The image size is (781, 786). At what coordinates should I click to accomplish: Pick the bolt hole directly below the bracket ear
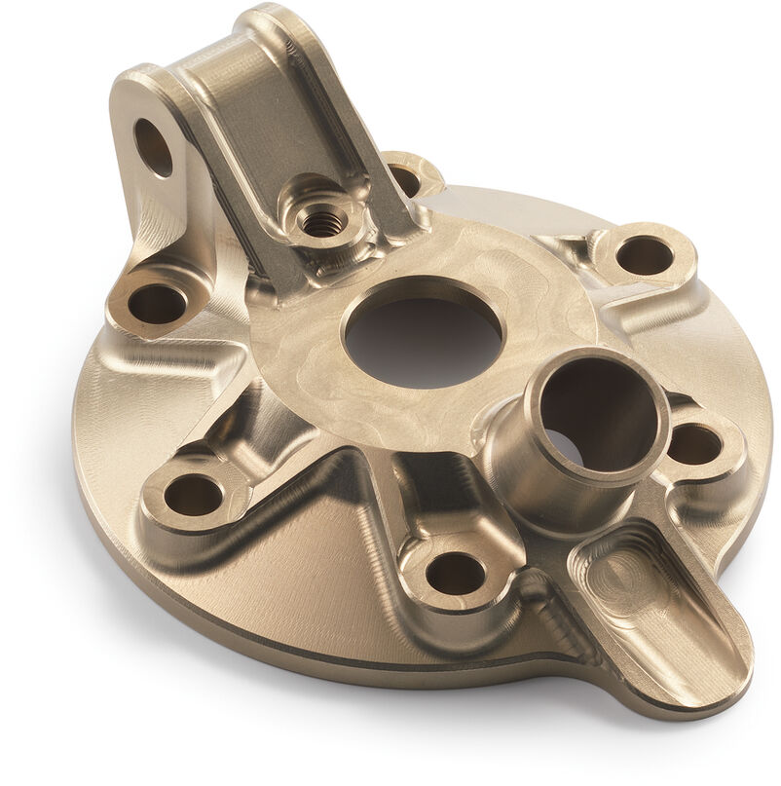tap(157, 303)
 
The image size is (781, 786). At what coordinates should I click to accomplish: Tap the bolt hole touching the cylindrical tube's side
tap(694, 444)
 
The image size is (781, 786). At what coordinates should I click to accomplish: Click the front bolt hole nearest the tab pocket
tap(455, 573)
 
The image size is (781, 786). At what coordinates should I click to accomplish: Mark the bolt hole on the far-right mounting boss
tap(645, 255)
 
